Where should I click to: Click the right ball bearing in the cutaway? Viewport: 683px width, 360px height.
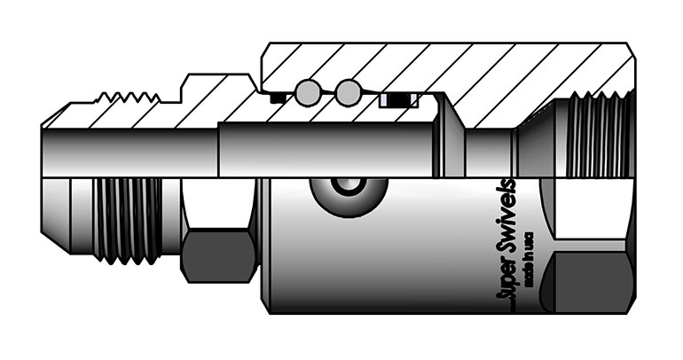point(349,91)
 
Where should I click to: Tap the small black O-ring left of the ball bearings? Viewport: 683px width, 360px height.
point(279,97)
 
